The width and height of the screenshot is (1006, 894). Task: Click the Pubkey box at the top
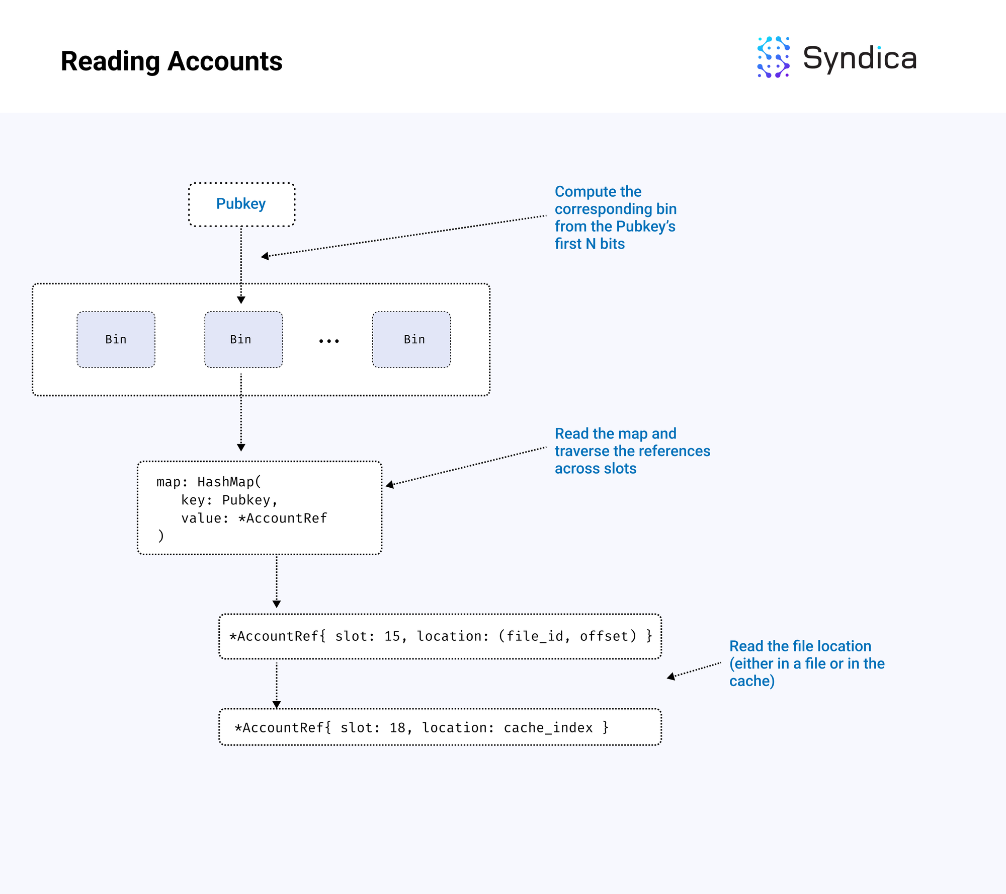[x=241, y=204]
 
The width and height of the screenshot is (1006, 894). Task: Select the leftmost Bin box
[x=116, y=339]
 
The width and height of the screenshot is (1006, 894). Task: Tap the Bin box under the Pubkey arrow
[x=243, y=339]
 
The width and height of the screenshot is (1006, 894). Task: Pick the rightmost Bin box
[x=411, y=339]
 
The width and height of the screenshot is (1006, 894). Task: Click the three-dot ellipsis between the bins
[x=329, y=341]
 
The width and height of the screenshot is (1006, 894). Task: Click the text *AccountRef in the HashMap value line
[x=283, y=518]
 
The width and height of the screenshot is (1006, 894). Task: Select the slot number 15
[x=392, y=636]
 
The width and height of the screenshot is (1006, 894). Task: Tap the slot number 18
[x=397, y=727]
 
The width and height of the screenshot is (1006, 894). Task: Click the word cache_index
[x=548, y=728]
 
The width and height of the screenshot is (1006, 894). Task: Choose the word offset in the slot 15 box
[x=605, y=636]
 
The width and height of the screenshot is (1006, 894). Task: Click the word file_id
[x=535, y=637]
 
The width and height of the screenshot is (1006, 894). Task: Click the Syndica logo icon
[x=774, y=57]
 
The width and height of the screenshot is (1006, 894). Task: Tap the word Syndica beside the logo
[x=860, y=58]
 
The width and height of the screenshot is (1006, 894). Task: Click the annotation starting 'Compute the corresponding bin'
[x=616, y=217]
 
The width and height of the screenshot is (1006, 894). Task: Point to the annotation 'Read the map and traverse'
[x=632, y=451]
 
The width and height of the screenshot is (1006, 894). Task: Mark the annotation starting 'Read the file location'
[x=807, y=663]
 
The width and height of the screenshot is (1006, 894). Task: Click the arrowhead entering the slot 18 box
[x=276, y=705]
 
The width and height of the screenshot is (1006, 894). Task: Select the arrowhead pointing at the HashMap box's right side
[x=389, y=485]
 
